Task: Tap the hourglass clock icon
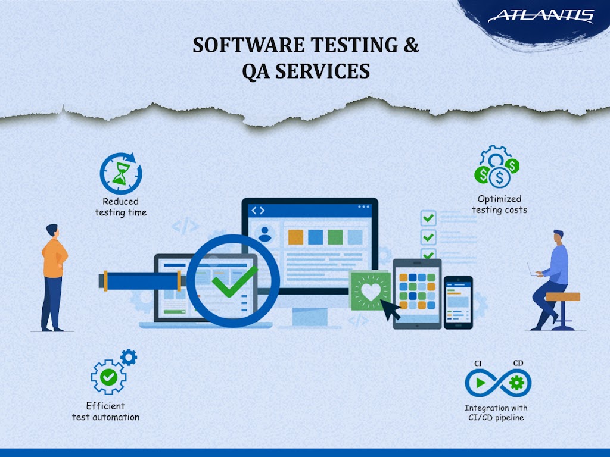121,173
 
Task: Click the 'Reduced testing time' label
120,207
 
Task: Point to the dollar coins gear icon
498,166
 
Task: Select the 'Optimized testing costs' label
499,204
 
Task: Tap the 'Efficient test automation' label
105,411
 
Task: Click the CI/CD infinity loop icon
497,383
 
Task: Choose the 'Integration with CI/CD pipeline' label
496,412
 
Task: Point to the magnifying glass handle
143,280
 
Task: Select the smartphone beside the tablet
458,302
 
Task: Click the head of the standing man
52,230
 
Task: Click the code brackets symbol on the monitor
257,211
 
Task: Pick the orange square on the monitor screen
295,237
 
